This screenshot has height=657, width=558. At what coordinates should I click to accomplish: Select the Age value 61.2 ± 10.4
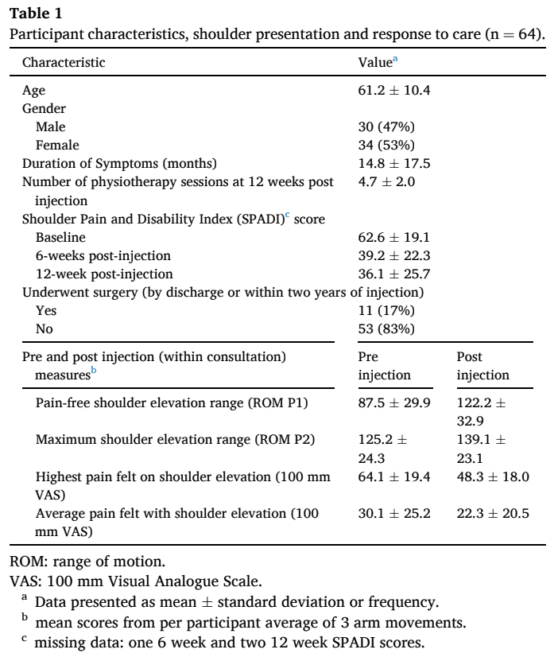pyautogui.click(x=394, y=90)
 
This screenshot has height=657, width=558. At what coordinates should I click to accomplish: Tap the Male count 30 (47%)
pyautogui.click(x=386, y=126)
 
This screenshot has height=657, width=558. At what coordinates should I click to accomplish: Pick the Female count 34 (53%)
pyautogui.click(x=386, y=145)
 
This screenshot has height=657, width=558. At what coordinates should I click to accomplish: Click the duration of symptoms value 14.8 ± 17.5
pyautogui.click(x=394, y=163)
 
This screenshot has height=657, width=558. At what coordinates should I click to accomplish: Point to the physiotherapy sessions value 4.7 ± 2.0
pyautogui.click(x=387, y=182)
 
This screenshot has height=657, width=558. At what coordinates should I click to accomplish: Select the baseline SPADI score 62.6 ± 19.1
pyautogui.click(x=394, y=237)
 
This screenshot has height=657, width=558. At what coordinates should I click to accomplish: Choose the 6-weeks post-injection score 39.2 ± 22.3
pyautogui.click(x=394, y=255)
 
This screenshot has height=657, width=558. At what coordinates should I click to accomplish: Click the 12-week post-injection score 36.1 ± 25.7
pyautogui.click(x=394, y=274)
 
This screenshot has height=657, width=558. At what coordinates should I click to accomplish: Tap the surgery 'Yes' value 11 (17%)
pyautogui.click(x=386, y=311)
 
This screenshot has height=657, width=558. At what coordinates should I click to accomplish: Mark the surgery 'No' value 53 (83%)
pyautogui.click(x=386, y=329)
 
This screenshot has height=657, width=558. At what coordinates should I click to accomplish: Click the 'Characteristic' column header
pyautogui.click(x=64, y=61)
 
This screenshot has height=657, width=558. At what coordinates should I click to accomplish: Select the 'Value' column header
pyautogui.click(x=375, y=61)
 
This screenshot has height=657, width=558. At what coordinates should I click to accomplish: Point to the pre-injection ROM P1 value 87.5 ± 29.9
pyautogui.click(x=394, y=403)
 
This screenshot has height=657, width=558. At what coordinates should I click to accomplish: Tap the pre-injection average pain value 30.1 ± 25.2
pyautogui.click(x=394, y=513)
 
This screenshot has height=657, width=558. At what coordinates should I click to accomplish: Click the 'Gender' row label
pyautogui.click(x=44, y=108)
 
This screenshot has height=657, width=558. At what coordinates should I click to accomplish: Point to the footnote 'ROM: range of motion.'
pyautogui.click(x=78, y=562)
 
